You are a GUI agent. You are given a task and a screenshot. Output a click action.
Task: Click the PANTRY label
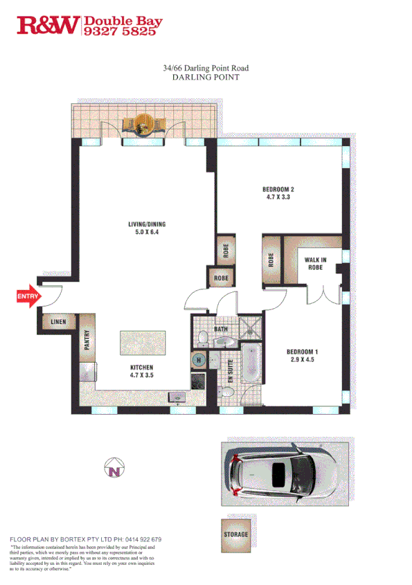(x=87, y=343)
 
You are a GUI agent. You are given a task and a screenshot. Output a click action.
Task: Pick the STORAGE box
(x=235, y=534)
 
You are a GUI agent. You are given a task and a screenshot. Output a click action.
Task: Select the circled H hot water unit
(x=198, y=360)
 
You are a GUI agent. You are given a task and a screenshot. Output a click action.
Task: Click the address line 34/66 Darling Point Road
(x=205, y=68)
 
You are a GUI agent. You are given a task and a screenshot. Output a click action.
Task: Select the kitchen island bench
(x=143, y=343)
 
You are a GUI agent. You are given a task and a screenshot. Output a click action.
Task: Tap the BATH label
(x=221, y=330)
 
